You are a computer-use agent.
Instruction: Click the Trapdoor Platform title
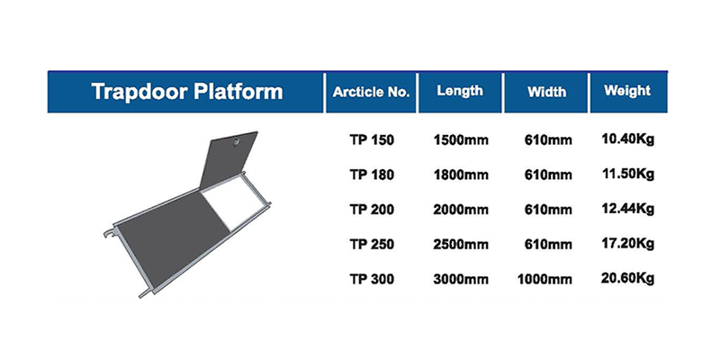187,92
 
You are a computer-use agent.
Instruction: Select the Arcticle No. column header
371,92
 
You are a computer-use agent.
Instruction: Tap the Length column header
460,91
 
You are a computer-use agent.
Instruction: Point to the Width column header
546,92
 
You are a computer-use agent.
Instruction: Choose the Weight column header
627,91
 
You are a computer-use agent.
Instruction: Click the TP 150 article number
372,140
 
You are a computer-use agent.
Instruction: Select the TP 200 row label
372,210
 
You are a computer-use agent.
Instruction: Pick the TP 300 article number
372,279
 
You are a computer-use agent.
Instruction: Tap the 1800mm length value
461,175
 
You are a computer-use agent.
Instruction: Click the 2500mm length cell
461,245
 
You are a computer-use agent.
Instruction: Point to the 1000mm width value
544,279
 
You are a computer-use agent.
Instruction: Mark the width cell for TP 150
548,140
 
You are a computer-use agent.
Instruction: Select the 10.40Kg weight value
627,139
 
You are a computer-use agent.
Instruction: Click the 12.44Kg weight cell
627,209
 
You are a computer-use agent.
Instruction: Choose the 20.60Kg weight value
627,278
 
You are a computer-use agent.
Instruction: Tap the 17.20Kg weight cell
627,244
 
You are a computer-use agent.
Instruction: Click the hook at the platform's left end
110,233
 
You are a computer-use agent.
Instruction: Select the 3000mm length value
461,279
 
